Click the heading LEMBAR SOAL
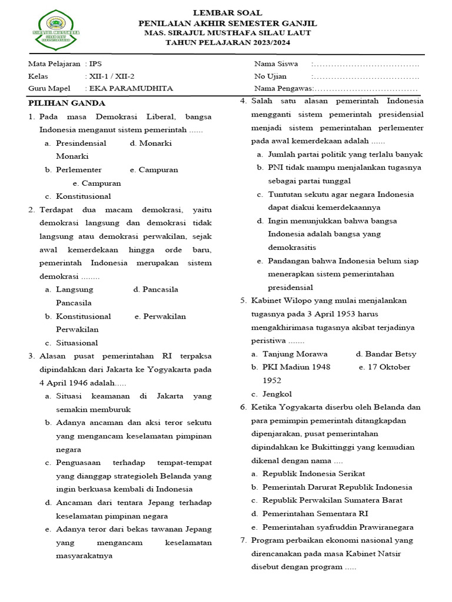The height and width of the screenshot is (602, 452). click(227, 12)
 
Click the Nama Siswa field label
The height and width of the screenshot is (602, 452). click(275, 63)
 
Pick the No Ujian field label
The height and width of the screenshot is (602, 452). click(270, 76)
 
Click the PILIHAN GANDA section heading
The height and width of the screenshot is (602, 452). click(67, 103)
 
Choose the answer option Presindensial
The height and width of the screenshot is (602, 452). click(81, 143)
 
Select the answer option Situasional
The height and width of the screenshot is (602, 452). click(77, 343)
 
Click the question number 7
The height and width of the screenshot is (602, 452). click(243, 540)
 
